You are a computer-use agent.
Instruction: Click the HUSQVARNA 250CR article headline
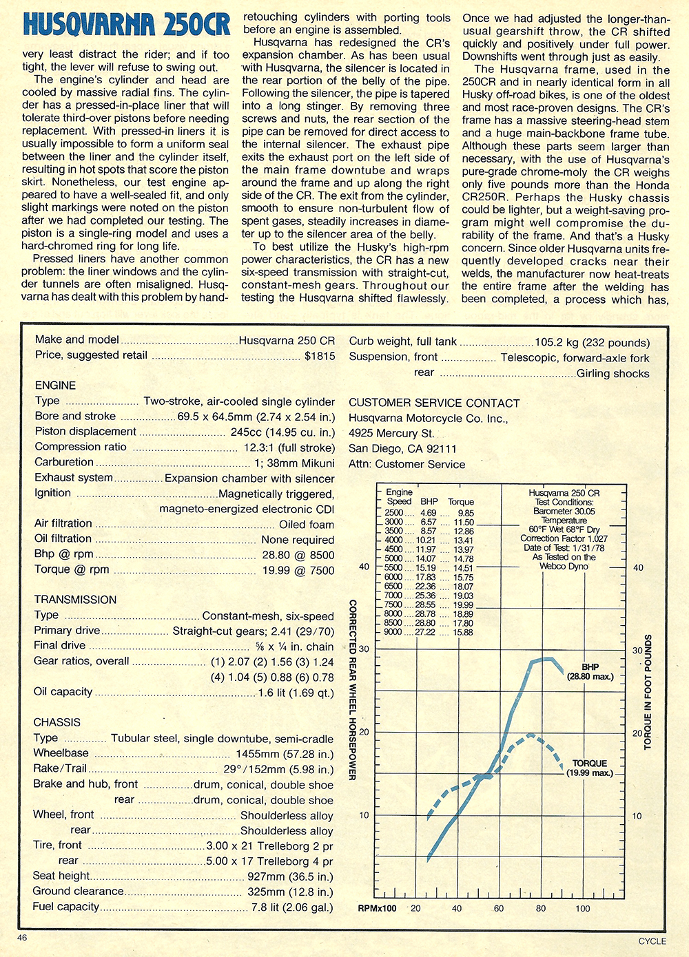click(126, 25)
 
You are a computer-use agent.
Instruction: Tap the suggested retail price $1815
click(320, 355)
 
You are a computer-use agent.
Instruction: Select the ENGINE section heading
click(55, 386)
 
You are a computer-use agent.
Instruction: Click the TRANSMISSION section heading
click(75, 600)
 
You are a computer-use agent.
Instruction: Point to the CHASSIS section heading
click(56, 722)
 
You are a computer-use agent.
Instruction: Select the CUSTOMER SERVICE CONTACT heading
click(434, 403)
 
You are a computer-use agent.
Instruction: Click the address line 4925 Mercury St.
click(391, 434)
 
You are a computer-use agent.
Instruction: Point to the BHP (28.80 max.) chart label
click(590, 672)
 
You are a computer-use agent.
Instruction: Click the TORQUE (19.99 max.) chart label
click(590, 768)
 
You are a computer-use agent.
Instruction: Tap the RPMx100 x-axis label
click(377, 908)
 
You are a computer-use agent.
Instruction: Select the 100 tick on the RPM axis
click(583, 908)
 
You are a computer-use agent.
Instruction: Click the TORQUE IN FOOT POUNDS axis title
click(648, 692)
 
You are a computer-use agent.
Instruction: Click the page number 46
click(23, 938)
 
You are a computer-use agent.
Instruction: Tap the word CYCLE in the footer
click(652, 941)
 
